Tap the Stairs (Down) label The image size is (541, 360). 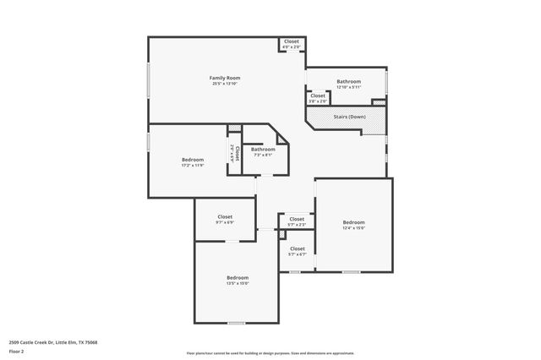coord(349,117)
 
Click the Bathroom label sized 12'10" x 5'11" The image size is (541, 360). coord(348,81)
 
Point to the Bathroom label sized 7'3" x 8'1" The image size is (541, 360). coord(263,150)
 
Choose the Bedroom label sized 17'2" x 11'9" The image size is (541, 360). coord(192,160)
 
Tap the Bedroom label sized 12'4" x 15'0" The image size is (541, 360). coord(353,221)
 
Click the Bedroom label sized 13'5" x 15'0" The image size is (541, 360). coord(237,277)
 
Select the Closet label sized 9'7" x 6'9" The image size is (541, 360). coord(225,216)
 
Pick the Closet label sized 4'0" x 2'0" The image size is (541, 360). coord(291,41)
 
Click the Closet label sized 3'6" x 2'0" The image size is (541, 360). coord(317,95)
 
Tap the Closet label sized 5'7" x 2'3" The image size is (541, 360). coord(297,219)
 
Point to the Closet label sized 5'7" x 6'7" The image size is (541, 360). coord(297,248)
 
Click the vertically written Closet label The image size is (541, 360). coord(238,153)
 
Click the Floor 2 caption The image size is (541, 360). coord(17,350)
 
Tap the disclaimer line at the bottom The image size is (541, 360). coord(270,353)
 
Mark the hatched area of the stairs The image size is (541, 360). coord(373,124)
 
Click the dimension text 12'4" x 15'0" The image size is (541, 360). coord(353,227)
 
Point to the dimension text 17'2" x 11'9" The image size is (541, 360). coord(192,166)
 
